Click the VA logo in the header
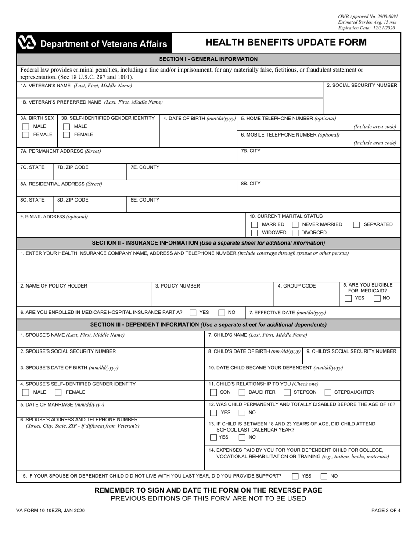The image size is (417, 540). pyautogui.click(x=26, y=43)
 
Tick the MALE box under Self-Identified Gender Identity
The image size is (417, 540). pyautogui.click(x=66, y=126)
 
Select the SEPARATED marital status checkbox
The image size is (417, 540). pyautogui.click(x=356, y=225)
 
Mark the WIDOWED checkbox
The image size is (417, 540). pyautogui.click(x=254, y=233)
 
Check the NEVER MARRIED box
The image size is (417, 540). pyautogui.click(x=295, y=225)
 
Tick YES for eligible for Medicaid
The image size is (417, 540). pyautogui.click(x=348, y=299)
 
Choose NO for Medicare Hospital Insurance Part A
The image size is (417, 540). pyautogui.click(x=222, y=313)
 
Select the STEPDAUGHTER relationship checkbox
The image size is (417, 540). pyautogui.click(x=328, y=392)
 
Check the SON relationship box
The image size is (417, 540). pyautogui.click(x=213, y=392)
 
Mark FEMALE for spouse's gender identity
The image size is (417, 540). pyautogui.click(x=58, y=392)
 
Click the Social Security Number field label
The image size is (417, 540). pyautogui.click(x=362, y=86)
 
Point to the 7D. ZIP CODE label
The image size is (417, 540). pyautogui.click(x=73, y=167)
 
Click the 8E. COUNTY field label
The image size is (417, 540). pyautogui.click(x=145, y=200)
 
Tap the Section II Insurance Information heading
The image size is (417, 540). pyautogui.click(x=208, y=243)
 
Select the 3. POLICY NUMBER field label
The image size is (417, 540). pyautogui.click(x=178, y=286)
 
